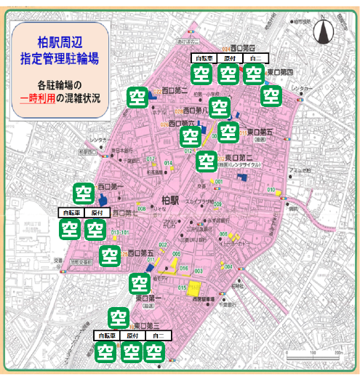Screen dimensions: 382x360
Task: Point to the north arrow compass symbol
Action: pyautogui.click(x=327, y=31)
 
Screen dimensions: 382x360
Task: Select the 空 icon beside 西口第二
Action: pyautogui.click(x=136, y=96)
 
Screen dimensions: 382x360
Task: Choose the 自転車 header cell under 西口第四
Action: pyautogui.click(x=203, y=58)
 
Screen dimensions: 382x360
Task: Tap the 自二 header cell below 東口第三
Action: pyautogui.click(x=153, y=337)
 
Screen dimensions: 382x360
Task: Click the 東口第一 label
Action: pyautogui.click(x=149, y=298)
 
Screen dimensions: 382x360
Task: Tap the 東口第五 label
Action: pyautogui.click(x=260, y=132)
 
